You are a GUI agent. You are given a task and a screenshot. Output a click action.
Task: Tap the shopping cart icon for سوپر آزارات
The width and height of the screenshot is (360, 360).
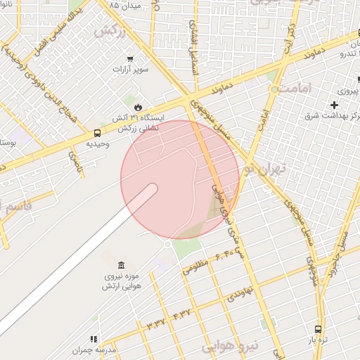(130, 59)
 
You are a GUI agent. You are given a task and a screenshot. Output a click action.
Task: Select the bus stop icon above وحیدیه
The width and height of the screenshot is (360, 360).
(97, 132)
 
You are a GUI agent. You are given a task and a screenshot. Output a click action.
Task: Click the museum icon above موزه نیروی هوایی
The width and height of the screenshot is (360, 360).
(122, 265)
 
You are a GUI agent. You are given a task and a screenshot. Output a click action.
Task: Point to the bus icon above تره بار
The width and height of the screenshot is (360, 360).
(319, 328)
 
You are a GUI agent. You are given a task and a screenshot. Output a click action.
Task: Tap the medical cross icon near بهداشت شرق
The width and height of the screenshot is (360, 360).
(334, 105)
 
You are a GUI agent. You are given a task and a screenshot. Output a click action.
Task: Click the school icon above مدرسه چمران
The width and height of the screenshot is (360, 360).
(94, 339)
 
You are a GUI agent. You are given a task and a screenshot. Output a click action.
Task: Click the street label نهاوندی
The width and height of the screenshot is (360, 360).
(240, 295)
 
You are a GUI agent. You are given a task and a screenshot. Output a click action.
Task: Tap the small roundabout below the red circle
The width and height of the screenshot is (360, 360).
(168, 243)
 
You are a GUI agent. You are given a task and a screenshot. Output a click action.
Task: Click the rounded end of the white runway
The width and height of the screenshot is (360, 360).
(151, 189)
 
